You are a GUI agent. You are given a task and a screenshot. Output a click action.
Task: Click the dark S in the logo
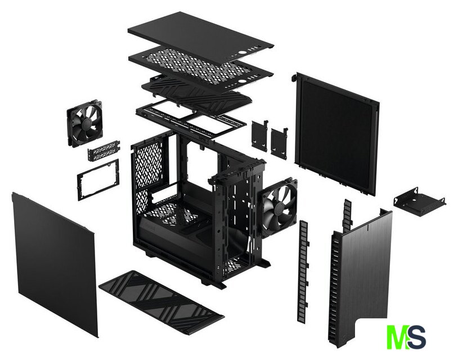[x=416, y=337]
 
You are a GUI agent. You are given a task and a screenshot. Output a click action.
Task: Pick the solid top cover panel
[x=201, y=34]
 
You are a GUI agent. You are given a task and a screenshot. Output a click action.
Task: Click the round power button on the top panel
[x=242, y=53]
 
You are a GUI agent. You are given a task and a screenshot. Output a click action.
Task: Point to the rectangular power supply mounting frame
[x=98, y=179]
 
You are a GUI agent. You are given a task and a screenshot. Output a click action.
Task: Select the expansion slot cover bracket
[x=104, y=150]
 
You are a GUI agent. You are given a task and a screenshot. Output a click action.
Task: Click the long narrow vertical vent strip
[x=303, y=272]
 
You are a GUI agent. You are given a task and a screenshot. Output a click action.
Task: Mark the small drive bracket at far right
[x=420, y=201]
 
